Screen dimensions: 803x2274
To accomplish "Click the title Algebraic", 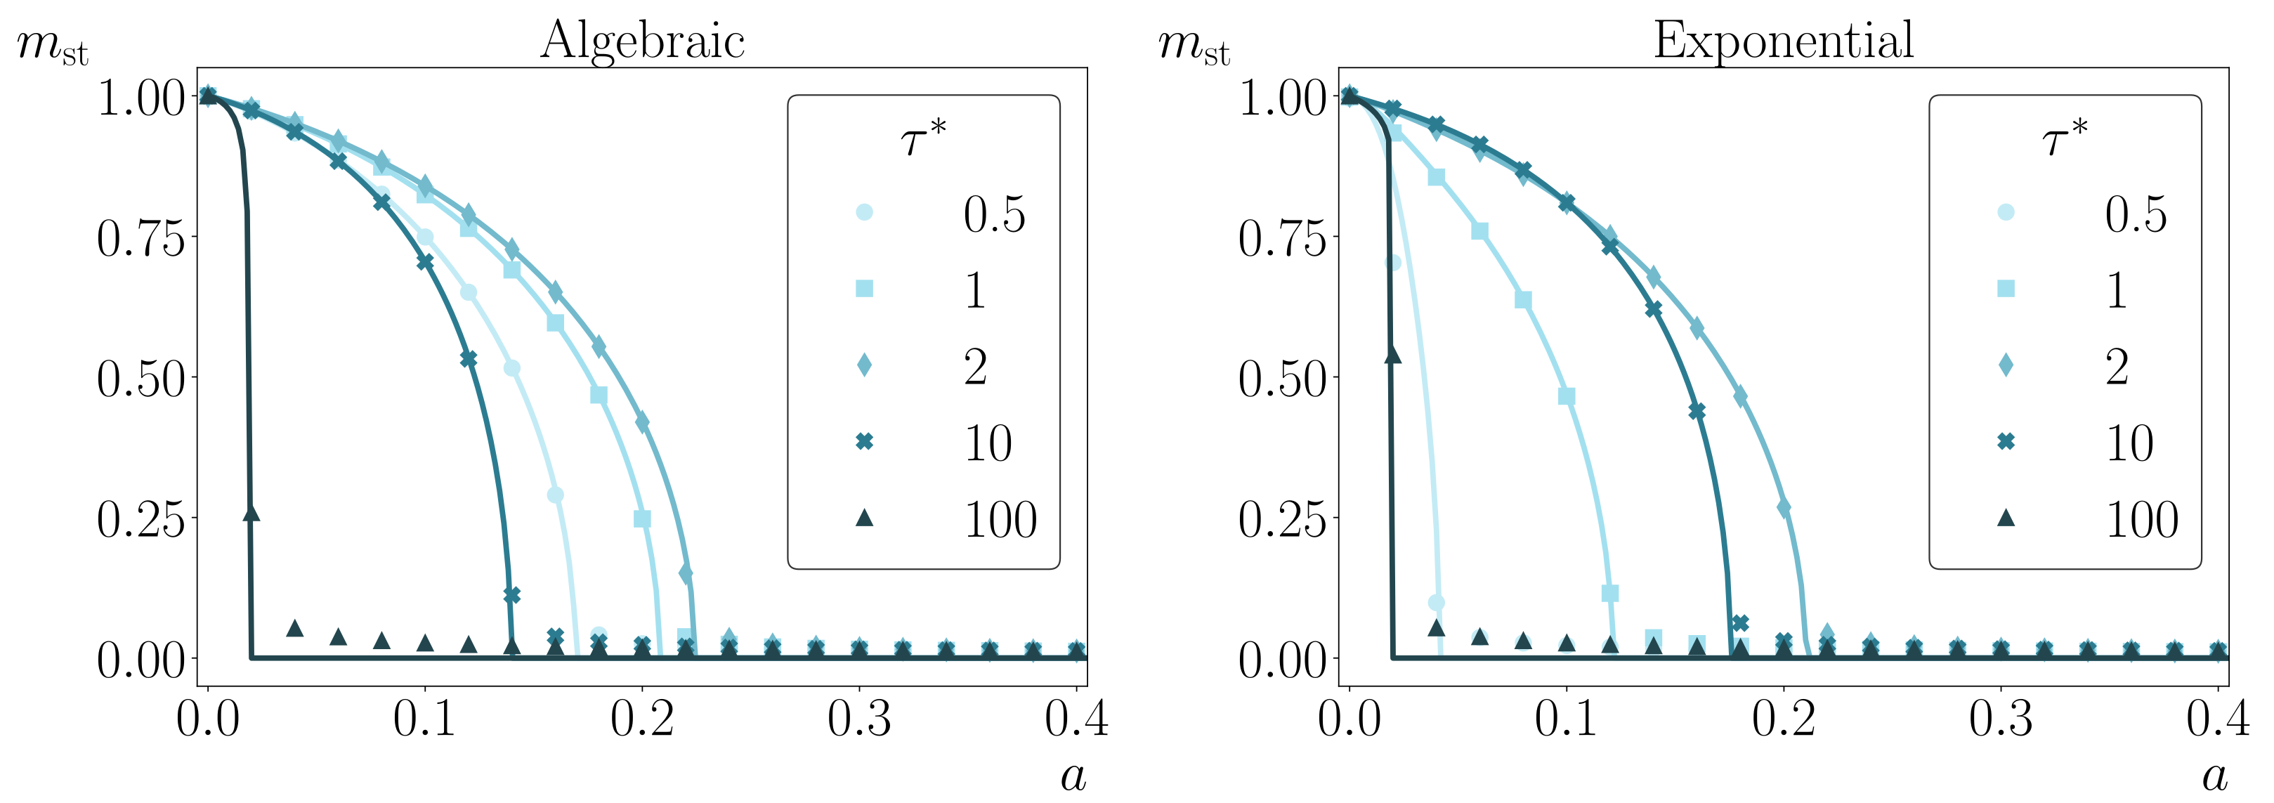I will (x=643, y=41).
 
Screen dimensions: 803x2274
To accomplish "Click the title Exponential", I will (x=1783, y=41).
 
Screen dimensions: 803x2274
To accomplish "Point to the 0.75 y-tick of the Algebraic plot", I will (x=141, y=238).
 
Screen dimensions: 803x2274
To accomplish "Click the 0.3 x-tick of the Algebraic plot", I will (x=859, y=719).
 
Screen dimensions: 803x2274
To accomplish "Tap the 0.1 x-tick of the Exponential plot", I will (x=1566, y=719).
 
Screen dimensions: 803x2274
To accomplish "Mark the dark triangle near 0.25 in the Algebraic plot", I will (x=251, y=513).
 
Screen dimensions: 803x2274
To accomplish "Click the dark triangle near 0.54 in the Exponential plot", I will (x=1393, y=355).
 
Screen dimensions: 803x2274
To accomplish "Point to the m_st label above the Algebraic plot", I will (x=53, y=46).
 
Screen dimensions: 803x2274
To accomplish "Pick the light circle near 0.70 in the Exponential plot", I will (x=1393, y=263).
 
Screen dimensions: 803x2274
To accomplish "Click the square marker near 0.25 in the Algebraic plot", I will (x=643, y=518).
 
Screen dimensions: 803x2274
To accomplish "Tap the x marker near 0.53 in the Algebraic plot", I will (x=469, y=359).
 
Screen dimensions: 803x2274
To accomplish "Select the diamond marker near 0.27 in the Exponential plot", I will (x=1783, y=508).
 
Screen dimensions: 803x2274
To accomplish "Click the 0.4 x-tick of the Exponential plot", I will (x=2218, y=719).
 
